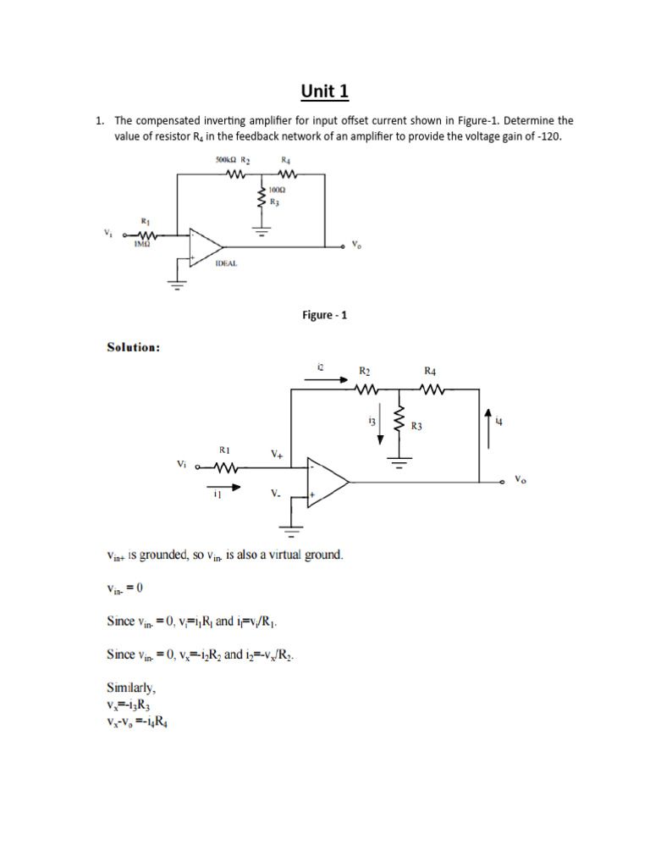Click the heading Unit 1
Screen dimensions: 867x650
click(325, 91)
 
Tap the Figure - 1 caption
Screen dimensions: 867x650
click(325, 315)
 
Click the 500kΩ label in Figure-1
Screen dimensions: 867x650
click(223, 159)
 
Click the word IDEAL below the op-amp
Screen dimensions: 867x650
click(226, 263)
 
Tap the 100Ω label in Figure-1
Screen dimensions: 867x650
click(277, 191)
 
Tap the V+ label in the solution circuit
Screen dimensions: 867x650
click(278, 454)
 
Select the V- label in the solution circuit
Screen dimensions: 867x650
click(276, 493)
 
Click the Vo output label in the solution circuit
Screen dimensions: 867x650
click(520, 479)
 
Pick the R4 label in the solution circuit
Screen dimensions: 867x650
click(430, 371)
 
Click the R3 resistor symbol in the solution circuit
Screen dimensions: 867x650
click(399, 420)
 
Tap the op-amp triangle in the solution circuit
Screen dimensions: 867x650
click(327, 482)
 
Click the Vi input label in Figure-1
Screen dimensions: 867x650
click(107, 234)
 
